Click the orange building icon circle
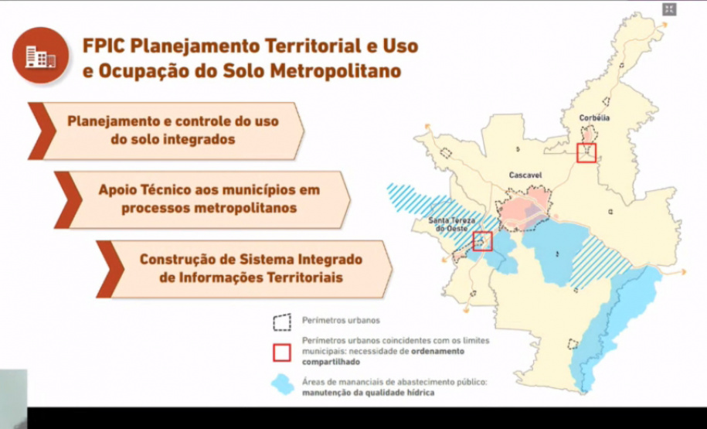coord(39,56)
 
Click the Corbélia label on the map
coord(593,117)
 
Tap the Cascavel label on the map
coord(525,175)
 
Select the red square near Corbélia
coord(586,152)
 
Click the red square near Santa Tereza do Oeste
coord(482,241)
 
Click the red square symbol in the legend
coord(282,352)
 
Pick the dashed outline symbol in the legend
coord(282,321)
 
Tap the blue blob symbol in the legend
coord(283,383)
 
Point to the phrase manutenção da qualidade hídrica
coord(367,393)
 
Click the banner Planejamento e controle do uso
coord(173,131)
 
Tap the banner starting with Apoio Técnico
coord(209,199)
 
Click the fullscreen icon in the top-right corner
coord(669,9)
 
